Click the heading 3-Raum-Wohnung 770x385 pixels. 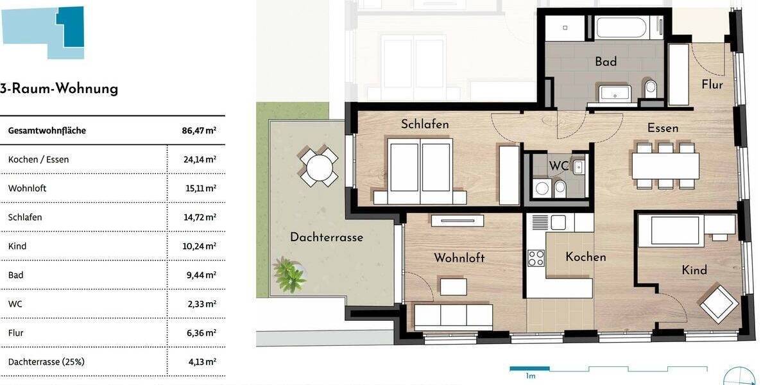tap(59, 89)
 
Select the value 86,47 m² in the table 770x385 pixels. tap(199, 130)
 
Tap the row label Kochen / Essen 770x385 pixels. tap(38, 159)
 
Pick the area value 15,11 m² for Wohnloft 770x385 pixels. tap(200, 188)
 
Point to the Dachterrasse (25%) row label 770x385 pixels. tap(46, 361)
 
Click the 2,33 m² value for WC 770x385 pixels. tap(202, 304)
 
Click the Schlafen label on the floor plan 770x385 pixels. tap(425, 124)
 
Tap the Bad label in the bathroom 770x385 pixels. tap(606, 62)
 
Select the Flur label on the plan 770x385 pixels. tap(712, 85)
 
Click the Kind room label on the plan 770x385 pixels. tap(694, 270)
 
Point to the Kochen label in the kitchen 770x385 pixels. tap(585, 257)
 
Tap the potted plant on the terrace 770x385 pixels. tap(289, 275)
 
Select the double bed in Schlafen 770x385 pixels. tap(420, 168)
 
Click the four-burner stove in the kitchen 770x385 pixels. tap(536, 258)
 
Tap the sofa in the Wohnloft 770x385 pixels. tap(453, 316)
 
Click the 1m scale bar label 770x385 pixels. tap(530, 376)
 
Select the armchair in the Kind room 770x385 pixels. tap(719, 304)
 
